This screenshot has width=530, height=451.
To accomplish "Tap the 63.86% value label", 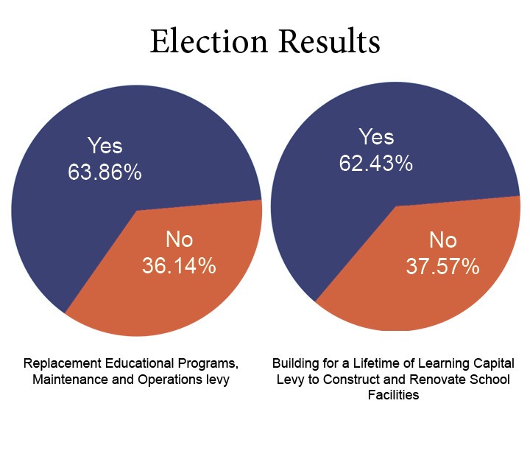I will pos(105,172).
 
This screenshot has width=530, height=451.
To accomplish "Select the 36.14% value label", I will pos(179,265).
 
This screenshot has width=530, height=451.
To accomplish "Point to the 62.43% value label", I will pos(375,163).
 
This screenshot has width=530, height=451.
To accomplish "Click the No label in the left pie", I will pos(179,240).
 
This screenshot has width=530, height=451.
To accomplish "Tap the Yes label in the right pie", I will pos(375,137).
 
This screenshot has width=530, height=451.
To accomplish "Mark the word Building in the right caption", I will pos(293,364).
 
